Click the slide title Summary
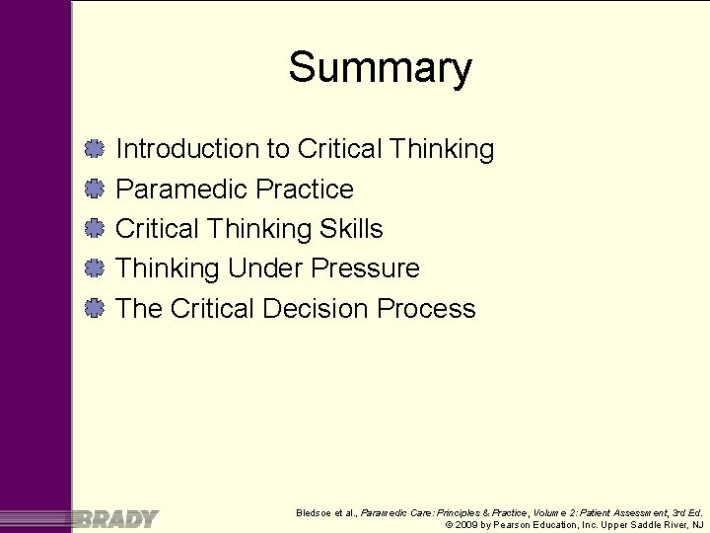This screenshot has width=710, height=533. pyautogui.click(x=380, y=68)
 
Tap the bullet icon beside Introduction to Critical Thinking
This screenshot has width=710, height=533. pyautogui.click(x=95, y=149)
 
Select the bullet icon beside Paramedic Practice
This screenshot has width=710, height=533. pyautogui.click(x=95, y=189)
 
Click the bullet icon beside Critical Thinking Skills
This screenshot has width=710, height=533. pyautogui.click(x=95, y=229)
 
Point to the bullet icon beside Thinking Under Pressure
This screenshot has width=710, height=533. pyautogui.click(x=95, y=268)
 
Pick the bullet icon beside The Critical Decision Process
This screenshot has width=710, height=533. pyautogui.click(x=95, y=309)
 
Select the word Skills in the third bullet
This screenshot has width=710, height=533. pyautogui.click(x=351, y=229)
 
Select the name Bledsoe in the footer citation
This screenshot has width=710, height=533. pyautogui.click(x=315, y=513)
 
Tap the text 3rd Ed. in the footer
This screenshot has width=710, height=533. pyautogui.click(x=686, y=513)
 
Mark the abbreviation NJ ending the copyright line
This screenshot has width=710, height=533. pyautogui.click(x=697, y=525)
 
